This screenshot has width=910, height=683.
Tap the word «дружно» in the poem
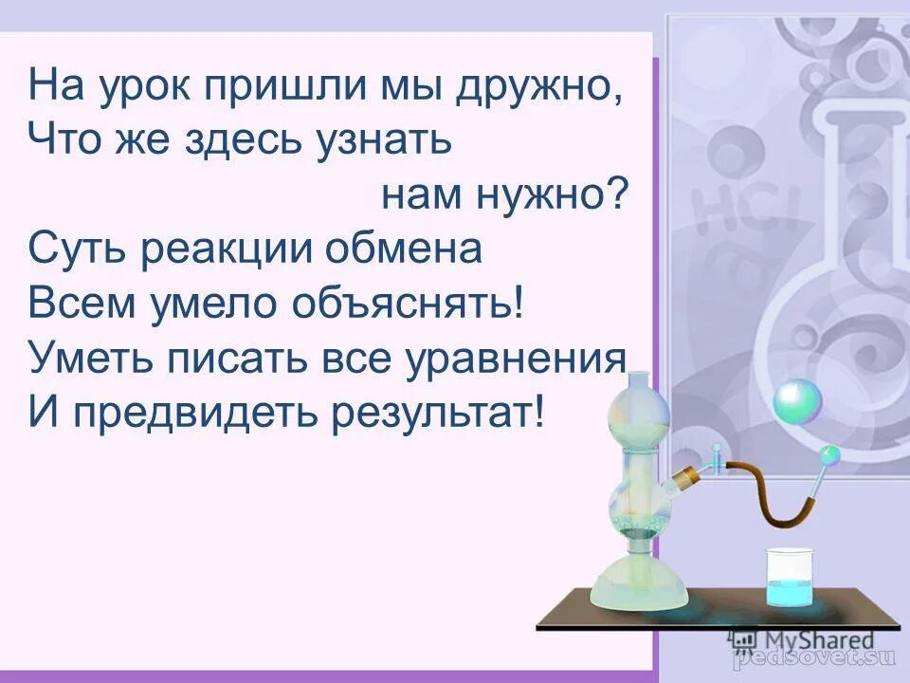click(x=535, y=88)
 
